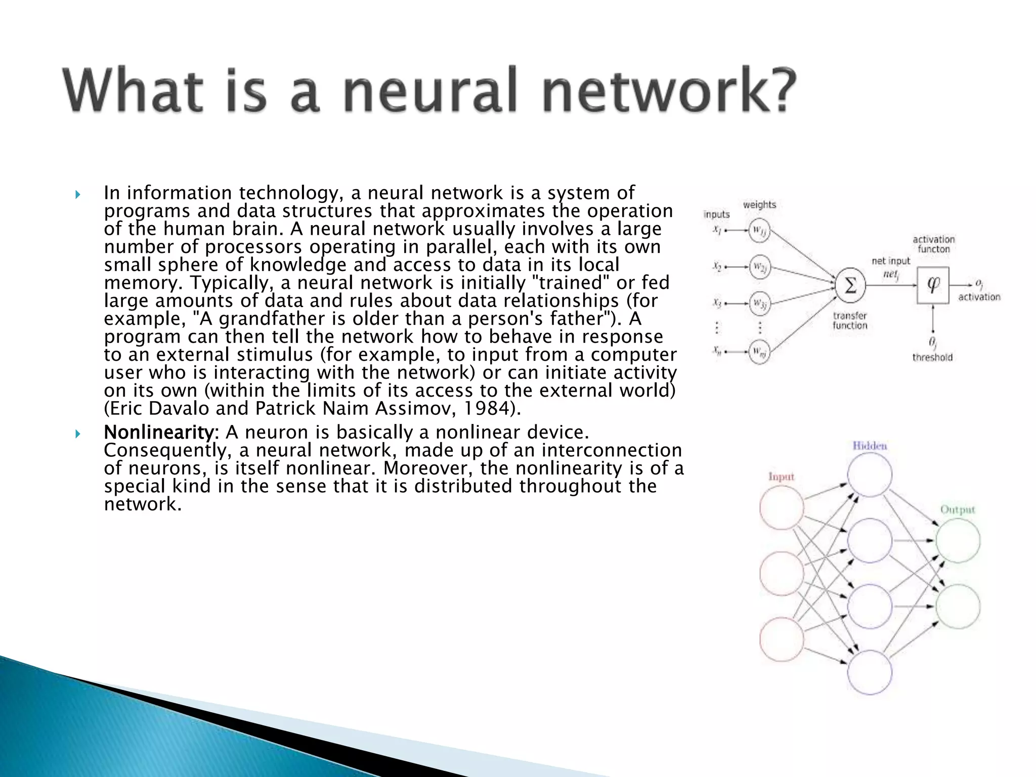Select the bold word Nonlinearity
click(159, 433)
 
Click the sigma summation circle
click(850, 286)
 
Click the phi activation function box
click(933, 286)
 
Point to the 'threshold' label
click(932, 357)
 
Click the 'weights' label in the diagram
click(759, 204)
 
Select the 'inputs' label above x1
click(716, 214)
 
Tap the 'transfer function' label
click(850, 321)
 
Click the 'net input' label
click(891, 261)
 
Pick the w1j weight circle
click(759, 231)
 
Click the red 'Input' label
click(781, 477)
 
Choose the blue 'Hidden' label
click(870, 446)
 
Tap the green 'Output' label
click(957, 509)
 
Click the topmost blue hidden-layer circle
click(870, 474)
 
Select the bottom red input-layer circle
click(782, 639)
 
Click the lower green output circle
click(958, 606)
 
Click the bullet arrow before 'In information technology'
click(77, 195)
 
